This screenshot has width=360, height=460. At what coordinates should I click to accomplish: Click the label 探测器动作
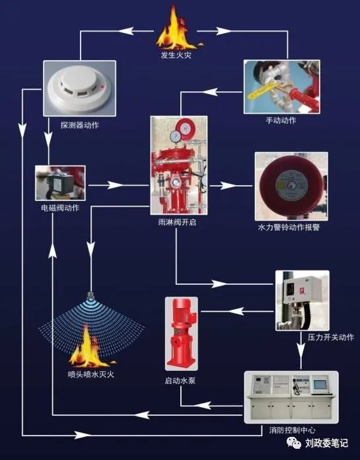79,124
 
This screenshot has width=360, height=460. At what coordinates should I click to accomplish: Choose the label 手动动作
281,120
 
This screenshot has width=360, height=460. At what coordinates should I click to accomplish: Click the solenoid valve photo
60,182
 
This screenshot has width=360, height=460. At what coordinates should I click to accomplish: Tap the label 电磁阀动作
60,208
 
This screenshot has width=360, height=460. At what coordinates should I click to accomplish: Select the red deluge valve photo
178,166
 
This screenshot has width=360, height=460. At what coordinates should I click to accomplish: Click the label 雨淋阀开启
178,223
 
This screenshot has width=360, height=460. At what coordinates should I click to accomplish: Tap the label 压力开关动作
330,337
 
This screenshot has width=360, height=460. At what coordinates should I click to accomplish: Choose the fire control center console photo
291,396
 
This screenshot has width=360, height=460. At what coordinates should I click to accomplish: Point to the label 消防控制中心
293,431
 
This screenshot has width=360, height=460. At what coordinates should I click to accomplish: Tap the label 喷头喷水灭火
91,375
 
